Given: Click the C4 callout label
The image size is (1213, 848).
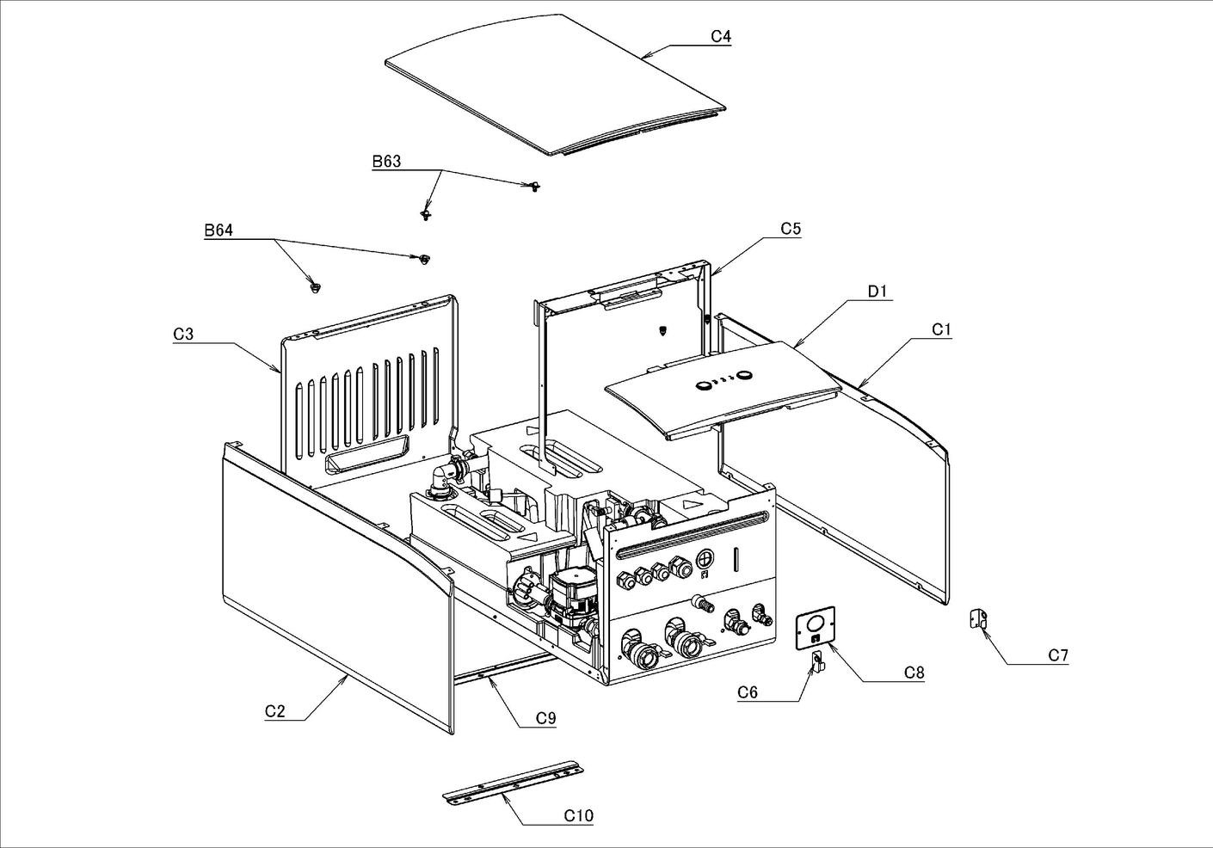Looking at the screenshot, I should (x=721, y=36).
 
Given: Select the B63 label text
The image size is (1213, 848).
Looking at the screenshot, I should (x=386, y=162).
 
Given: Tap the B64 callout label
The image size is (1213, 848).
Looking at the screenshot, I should (x=219, y=230).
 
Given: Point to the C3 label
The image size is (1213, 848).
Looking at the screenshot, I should (x=183, y=333).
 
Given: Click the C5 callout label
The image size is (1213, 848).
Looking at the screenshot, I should (x=791, y=229).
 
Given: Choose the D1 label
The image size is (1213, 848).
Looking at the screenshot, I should (x=877, y=292).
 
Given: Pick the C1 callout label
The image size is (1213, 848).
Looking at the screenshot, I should (x=942, y=329).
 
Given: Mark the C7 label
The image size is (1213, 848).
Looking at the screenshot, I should (x=1058, y=655).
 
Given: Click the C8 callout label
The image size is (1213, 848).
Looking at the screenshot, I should (x=914, y=673).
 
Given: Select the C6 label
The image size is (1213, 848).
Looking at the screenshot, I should (x=748, y=692).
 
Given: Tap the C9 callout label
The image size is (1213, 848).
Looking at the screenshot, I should (x=545, y=718).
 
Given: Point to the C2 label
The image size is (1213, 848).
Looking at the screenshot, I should (x=275, y=711).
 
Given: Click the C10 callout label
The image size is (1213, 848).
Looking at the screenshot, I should (x=578, y=815).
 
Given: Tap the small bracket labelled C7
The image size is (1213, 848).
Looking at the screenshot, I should (x=978, y=619).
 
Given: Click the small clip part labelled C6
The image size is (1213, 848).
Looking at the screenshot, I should (x=818, y=661).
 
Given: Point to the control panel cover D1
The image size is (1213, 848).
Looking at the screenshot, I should (x=723, y=387).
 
